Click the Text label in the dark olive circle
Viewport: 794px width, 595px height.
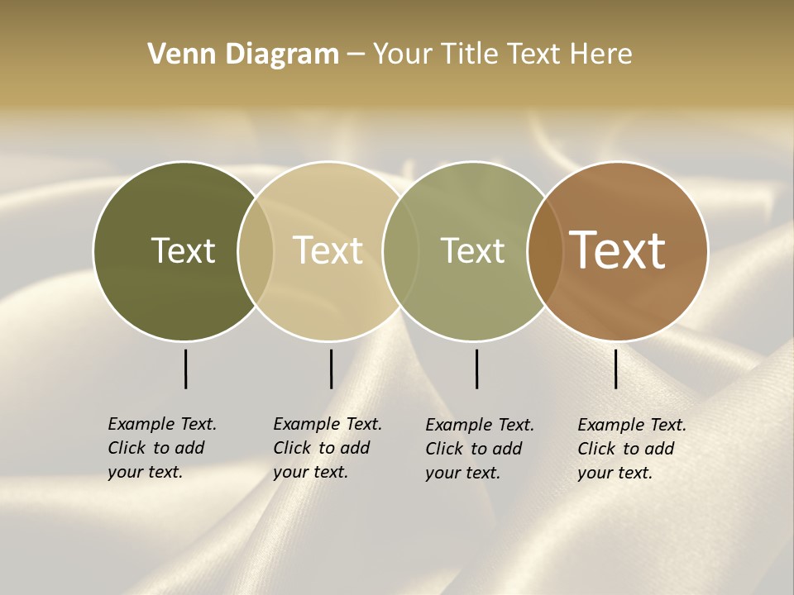click(183, 250)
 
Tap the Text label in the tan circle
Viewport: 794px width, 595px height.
click(328, 250)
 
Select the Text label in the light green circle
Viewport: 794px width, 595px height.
click(472, 250)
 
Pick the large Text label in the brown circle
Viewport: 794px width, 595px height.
click(618, 250)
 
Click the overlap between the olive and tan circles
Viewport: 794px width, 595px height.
click(256, 251)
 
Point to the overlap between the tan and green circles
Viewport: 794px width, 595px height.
click(400, 251)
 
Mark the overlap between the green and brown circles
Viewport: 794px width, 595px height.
click(545, 251)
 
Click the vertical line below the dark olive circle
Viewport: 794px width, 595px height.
click(185, 369)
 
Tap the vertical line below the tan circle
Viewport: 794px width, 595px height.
click(331, 369)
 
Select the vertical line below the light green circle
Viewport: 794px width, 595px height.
click(476, 369)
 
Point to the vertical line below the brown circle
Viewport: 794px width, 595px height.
click(615, 369)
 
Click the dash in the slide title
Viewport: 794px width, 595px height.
click(356, 55)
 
